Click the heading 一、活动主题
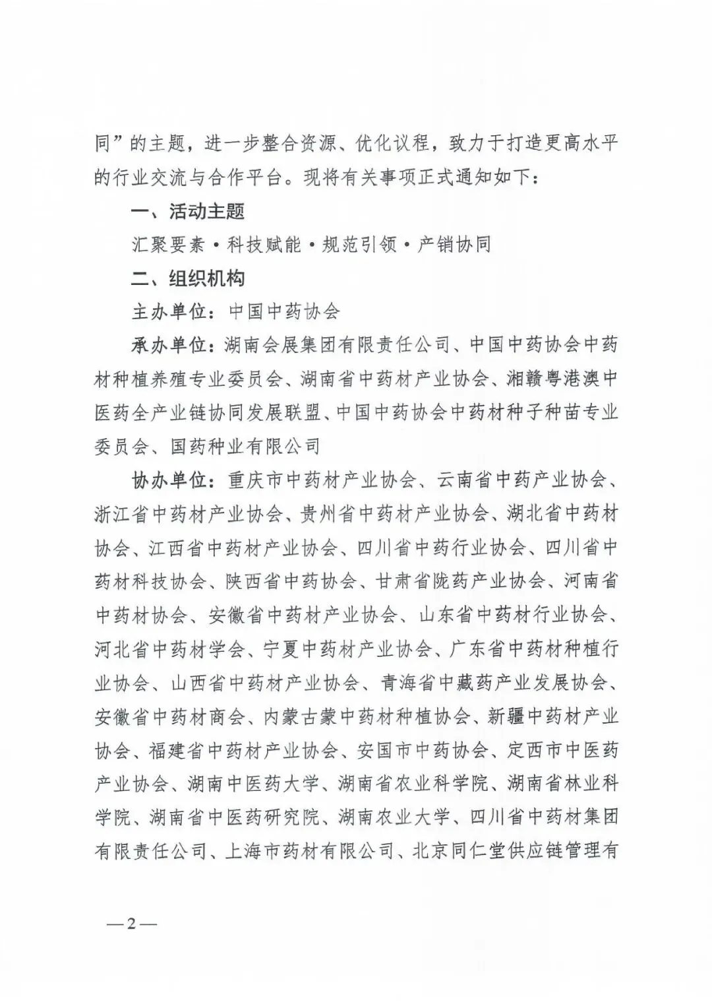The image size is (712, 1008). [x=188, y=211]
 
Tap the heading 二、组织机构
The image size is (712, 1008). [x=188, y=278]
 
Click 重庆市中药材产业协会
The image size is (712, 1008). [x=320, y=480]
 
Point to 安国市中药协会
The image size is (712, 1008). [x=423, y=751]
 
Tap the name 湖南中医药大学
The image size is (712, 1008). [x=253, y=784]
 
